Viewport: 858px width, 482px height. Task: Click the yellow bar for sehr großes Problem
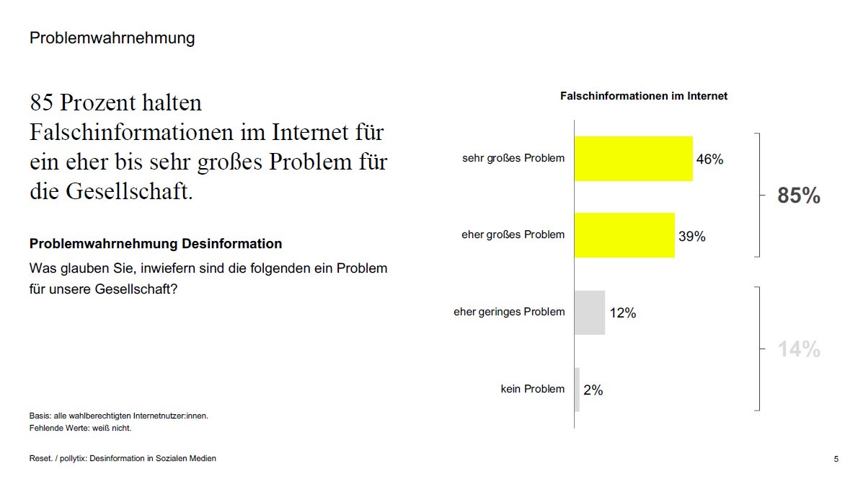point(633,159)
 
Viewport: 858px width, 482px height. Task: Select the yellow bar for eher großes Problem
point(624,235)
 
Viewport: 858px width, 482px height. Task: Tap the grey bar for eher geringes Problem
point(589,312)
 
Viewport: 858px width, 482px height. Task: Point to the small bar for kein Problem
point(577,390)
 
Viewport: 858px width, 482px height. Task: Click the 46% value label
point(709,159)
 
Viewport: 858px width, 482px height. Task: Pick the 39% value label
point(691,236)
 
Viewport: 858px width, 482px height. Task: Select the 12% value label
point(622,313)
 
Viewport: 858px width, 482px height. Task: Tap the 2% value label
point(593,390)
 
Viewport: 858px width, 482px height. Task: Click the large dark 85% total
point(799,196)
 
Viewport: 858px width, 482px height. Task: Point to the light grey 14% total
point(799,350)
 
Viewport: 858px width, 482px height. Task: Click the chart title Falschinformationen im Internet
point(644,96)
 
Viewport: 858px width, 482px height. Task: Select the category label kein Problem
point(533,389)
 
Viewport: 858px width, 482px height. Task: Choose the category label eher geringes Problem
point(509,312)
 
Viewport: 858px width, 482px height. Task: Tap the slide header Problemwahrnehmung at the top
point(112,38)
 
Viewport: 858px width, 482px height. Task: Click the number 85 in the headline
point(42,103)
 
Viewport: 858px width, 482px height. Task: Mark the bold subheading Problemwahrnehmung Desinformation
point(156,244)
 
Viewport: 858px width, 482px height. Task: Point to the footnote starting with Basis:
point(119,416)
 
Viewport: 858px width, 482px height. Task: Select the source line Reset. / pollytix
point(123,458)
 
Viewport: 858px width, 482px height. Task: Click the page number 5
point(836,459)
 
